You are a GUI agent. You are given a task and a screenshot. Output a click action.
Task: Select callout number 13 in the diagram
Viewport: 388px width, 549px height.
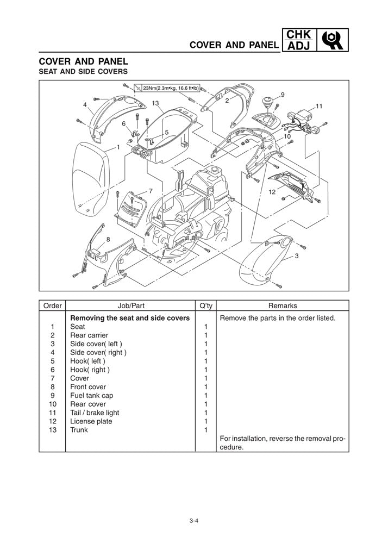click(155, 103)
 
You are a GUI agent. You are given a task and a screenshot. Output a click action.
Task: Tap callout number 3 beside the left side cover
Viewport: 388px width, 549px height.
click(297, 256)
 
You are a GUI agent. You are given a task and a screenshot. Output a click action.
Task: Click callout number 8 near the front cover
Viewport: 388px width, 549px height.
click(108, 239)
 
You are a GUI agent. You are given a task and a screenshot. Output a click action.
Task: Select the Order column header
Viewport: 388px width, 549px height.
click(52, 306)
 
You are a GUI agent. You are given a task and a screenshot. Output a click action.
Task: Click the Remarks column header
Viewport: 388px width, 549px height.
click(283, 306)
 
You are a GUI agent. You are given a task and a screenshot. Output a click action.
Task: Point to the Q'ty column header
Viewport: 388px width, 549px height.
click(206, 306)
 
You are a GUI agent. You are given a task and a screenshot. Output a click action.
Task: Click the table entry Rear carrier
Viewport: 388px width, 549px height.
click(89, 335)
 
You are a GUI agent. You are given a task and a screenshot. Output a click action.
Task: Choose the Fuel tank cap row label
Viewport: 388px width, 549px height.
click(92, 396)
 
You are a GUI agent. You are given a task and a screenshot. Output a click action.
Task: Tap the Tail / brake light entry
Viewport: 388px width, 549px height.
click(95, 413)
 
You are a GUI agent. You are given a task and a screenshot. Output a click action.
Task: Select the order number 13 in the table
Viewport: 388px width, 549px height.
click(53, 430)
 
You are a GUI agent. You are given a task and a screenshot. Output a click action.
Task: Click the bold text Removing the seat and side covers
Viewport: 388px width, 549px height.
click(130, 318)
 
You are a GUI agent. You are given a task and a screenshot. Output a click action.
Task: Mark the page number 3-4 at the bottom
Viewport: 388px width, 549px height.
click(193, 521)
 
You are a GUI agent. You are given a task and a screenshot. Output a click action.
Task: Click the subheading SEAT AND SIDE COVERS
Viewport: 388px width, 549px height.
click(83, 71)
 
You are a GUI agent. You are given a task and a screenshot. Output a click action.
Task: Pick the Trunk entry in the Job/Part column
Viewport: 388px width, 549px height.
click(79, 430)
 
